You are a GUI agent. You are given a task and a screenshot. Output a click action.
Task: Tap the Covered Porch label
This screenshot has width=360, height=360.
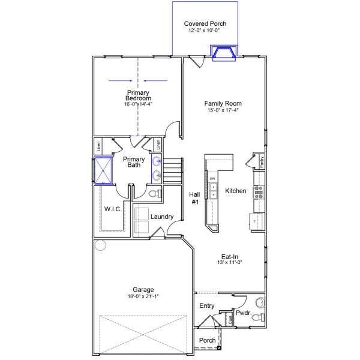tap(205, 24)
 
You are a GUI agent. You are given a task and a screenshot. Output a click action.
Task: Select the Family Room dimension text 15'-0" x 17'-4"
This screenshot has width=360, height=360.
tap(223, 110)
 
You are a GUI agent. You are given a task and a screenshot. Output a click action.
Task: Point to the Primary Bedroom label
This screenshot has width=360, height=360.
tap(138, 95)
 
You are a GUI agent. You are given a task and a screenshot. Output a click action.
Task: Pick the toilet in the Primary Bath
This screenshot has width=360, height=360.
tap(154, 194)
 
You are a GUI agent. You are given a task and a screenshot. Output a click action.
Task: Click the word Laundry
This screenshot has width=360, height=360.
tap(162, 217)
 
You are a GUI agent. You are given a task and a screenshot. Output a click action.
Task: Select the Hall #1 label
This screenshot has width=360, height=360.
tap(194, 199)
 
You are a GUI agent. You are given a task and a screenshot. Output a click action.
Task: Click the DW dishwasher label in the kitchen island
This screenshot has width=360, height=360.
tap(212, 179)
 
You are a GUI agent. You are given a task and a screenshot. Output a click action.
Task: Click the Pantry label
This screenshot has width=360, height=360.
tap(262, 161)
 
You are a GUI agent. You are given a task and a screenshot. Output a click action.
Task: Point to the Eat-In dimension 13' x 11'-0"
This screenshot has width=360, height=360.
tap(233, 262)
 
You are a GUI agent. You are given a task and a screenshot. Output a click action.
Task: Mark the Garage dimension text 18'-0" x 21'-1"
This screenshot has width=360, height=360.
tap(143, 296)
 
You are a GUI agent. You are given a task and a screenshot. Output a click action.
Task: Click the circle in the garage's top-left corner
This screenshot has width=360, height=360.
tap(100, 245)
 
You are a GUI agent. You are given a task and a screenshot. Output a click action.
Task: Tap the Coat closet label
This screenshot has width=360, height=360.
tap(230, 320)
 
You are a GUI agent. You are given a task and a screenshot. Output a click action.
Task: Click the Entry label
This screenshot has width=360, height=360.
tap(206, 306)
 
